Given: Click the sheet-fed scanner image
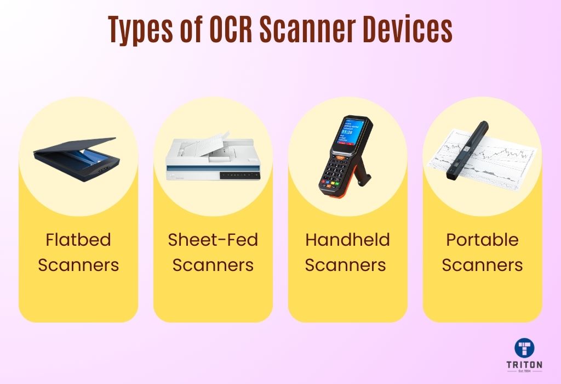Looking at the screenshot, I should (x=213, y=159).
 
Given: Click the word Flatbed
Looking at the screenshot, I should (x=78, y=240).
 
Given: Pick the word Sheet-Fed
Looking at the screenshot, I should (x=213, y=240).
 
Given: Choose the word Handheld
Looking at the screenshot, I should (x=347, y=240).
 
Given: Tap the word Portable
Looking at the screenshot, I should (x=482, y=240).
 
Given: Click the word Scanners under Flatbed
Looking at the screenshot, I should (x=78, y=266).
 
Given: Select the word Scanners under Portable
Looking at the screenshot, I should (x=482, y=266).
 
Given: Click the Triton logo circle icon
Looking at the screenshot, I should (x=525, y=348).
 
